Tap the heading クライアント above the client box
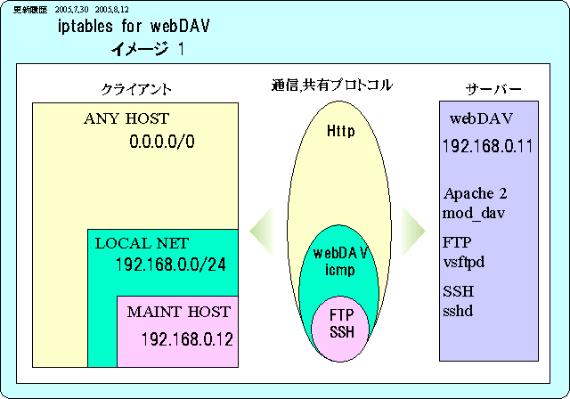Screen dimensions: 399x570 136,90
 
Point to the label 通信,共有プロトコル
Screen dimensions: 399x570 331,86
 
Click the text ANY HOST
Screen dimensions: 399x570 126,118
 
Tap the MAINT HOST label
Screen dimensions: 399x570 178,313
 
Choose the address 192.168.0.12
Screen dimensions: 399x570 186,338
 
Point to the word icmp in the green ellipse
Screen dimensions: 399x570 341,271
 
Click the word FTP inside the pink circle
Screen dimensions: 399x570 342,315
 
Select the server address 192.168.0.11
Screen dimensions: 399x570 486,146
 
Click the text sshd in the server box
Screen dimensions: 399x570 459,311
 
